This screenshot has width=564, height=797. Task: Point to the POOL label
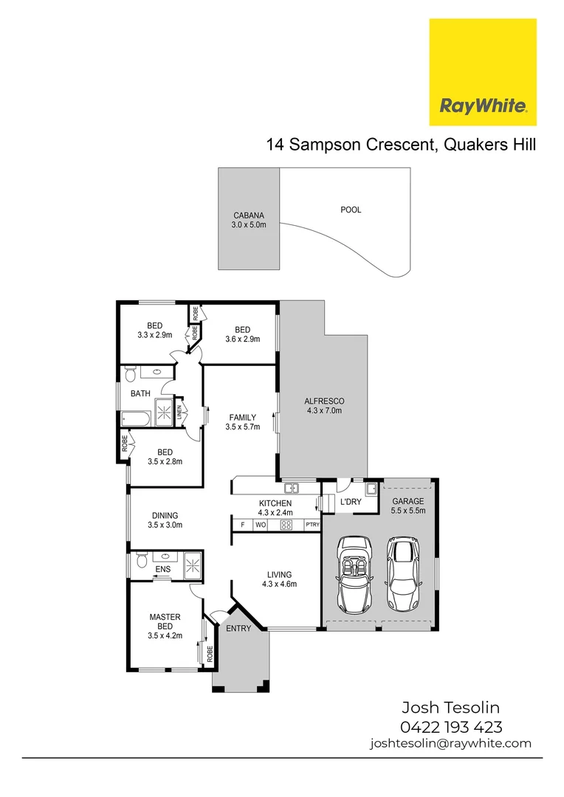coord(351,210)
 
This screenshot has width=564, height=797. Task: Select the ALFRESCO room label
coord(324,405)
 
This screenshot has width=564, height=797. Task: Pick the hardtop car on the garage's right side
coord(402,576)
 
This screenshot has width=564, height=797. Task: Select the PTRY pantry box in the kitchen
coord(312,525)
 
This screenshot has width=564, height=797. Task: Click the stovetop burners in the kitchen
coord(286,525)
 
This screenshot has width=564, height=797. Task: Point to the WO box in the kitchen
coord(261,525)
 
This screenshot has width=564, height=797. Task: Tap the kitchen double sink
coord(292,488)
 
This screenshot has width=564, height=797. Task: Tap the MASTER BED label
coord(165,621)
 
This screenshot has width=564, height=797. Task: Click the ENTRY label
coord(238,629)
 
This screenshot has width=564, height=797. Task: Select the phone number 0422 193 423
coord(451,726)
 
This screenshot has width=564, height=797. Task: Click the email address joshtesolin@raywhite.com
coord(450,743)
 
